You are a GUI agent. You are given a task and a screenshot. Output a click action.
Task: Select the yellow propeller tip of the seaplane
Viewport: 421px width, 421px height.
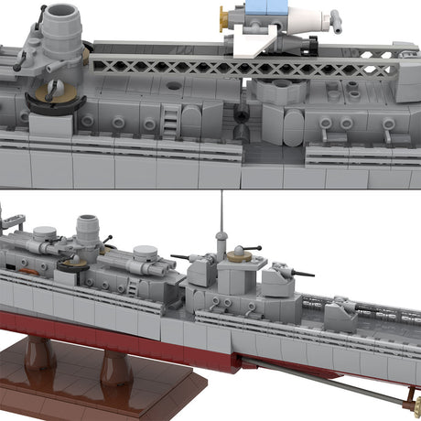click(221, 14)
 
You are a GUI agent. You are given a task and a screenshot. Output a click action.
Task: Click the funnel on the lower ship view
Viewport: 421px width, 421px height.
click(88, 231)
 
